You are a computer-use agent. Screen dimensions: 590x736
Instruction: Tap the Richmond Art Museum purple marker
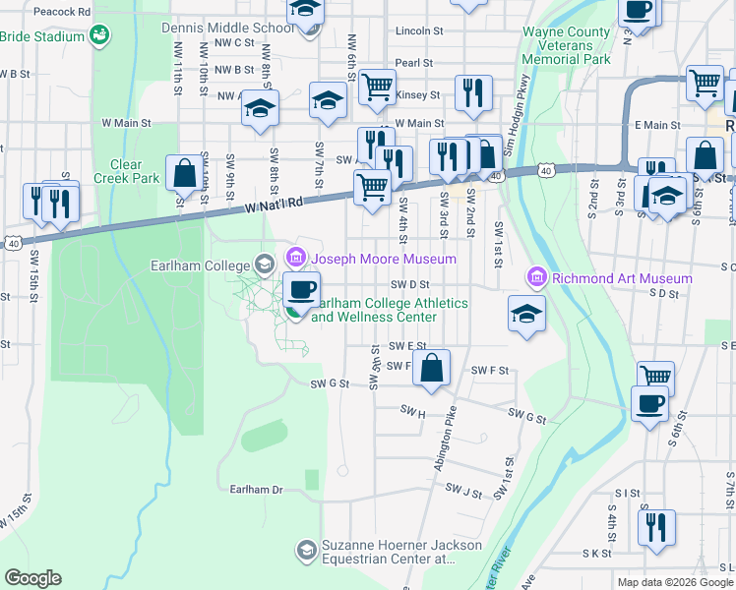(x=536, y=278)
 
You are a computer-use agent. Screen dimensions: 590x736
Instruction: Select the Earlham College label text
(x=202, y=264)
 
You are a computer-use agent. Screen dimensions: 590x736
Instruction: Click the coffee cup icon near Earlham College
(x=301, y=289)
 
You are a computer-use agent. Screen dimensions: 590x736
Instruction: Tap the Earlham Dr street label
(x=256, y=489)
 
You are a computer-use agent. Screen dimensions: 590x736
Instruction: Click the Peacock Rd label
(x=61, y=11)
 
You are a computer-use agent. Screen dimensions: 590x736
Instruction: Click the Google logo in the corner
(x=32, y=578)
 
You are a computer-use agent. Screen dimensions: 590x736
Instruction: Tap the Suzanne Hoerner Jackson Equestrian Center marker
(x=307, y=547)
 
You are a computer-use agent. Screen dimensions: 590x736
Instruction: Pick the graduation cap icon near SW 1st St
(x=526, y=315)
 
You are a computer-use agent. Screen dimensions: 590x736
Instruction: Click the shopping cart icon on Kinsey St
(x=377, y=87)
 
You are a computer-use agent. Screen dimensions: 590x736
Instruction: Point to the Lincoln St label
(x=414, y=30)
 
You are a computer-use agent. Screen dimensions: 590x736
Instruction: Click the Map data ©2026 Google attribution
(x=674, y=582)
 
